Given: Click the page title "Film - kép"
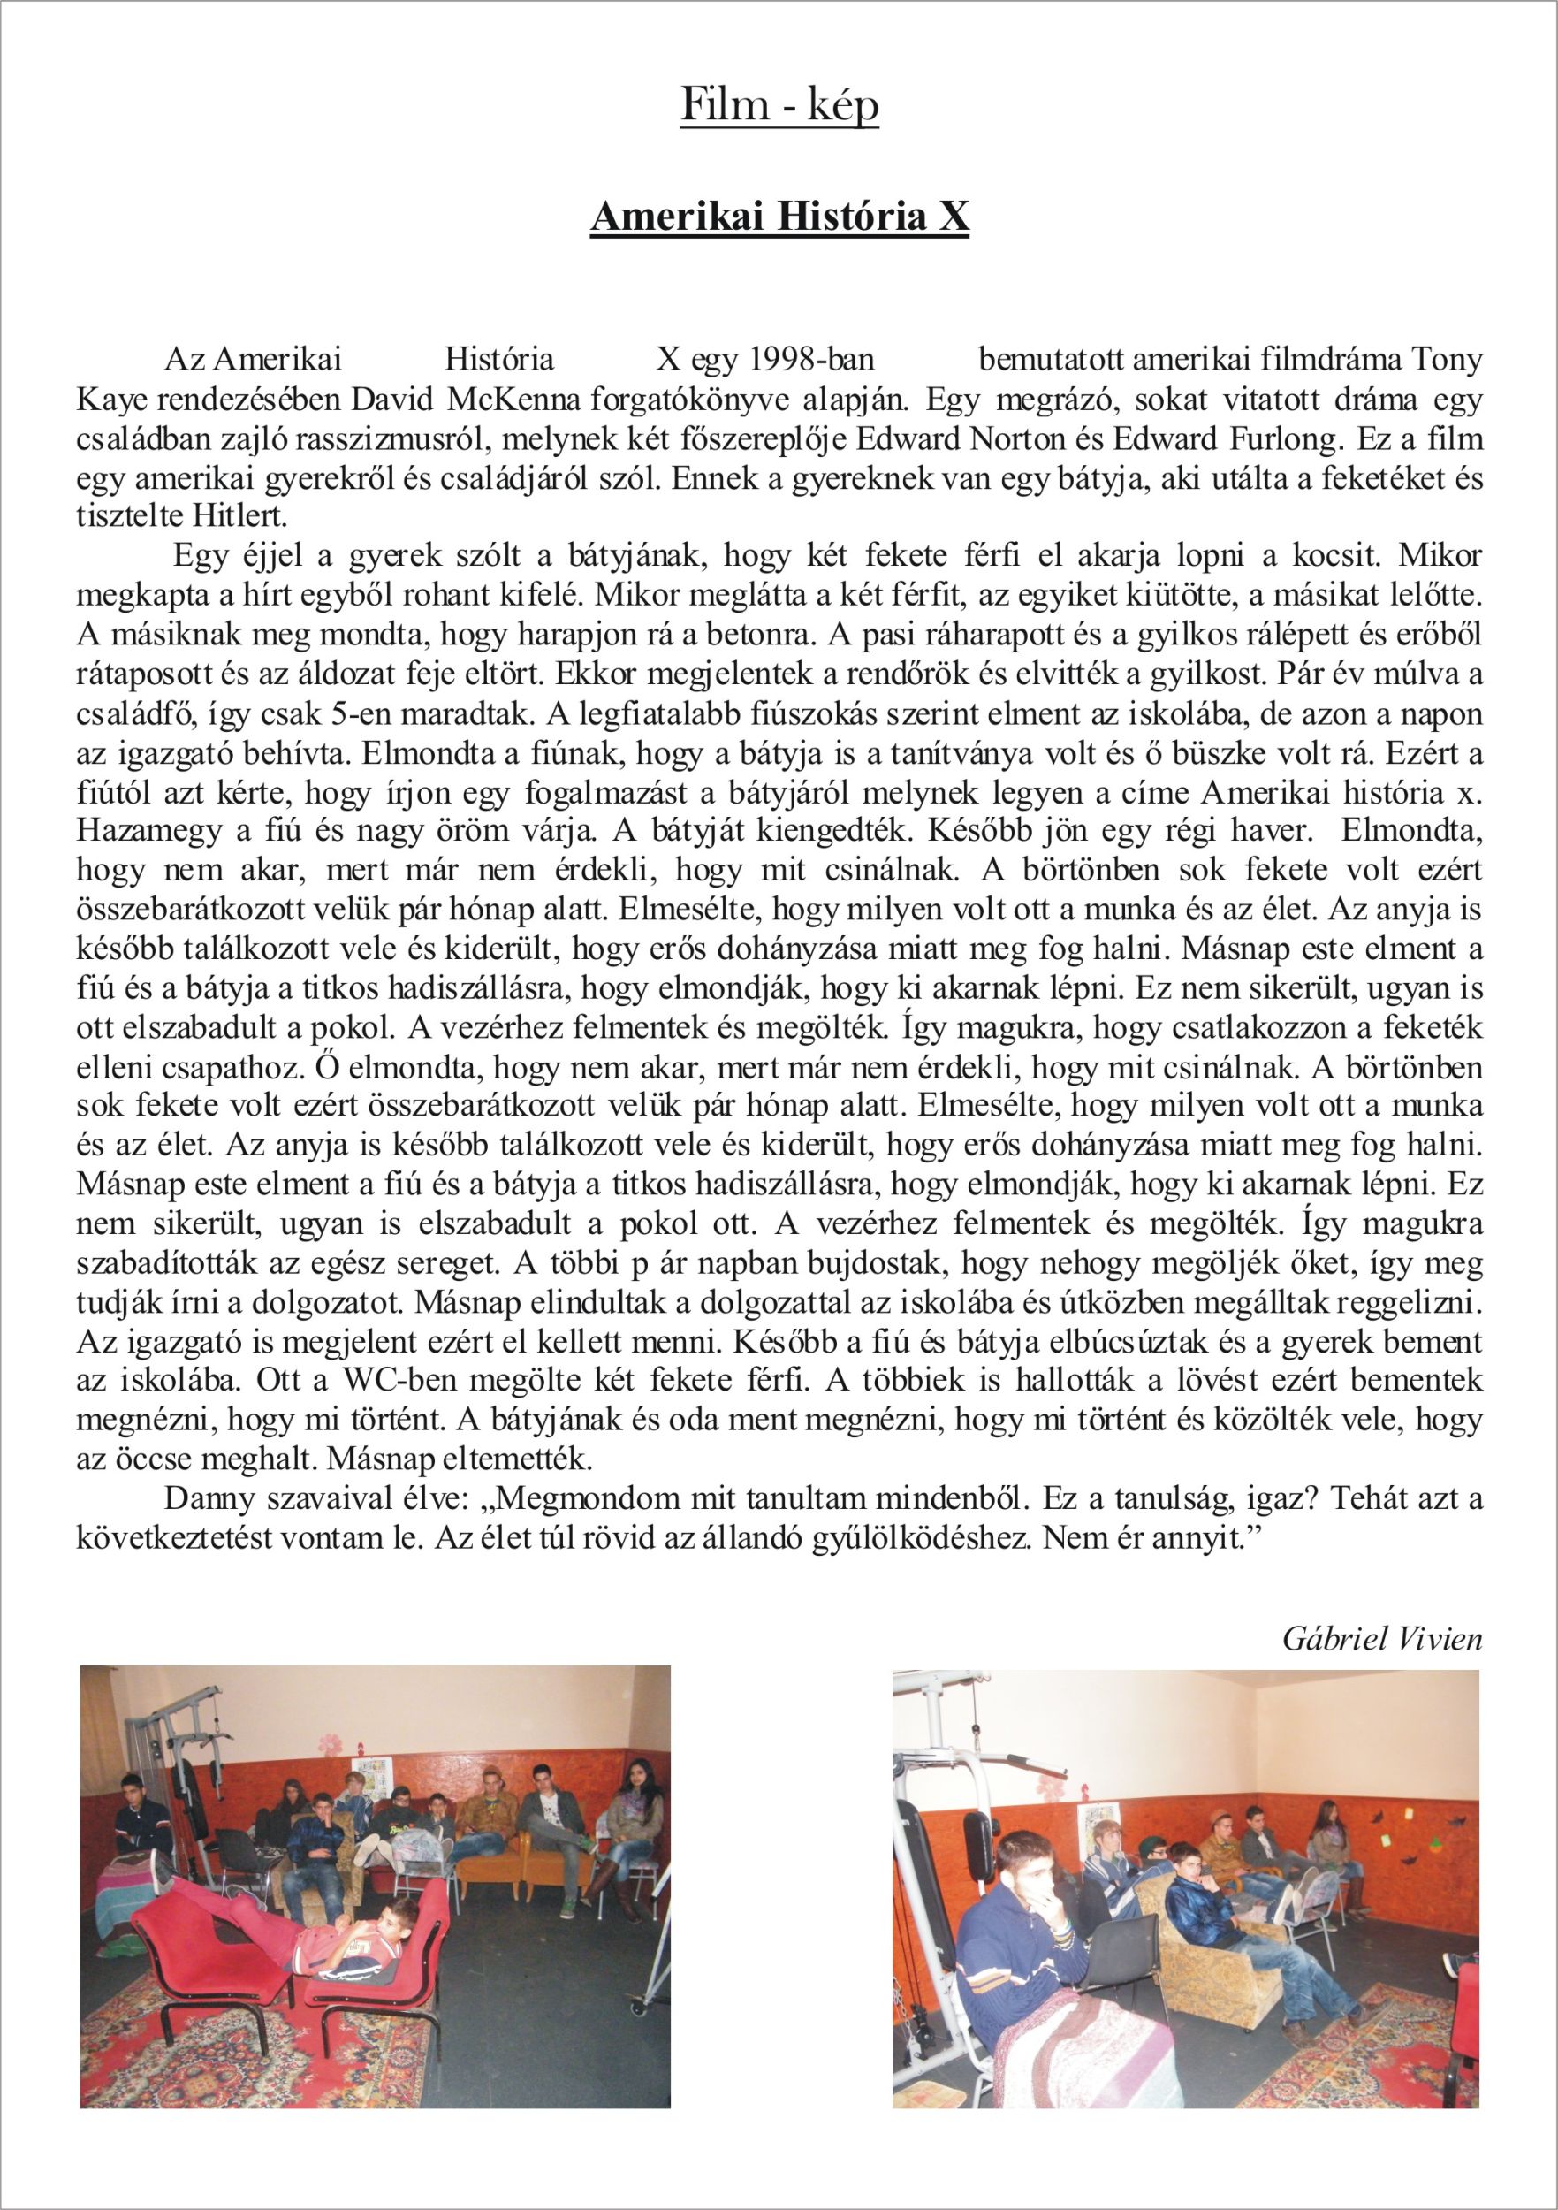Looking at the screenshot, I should click(x=779, y=107).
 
